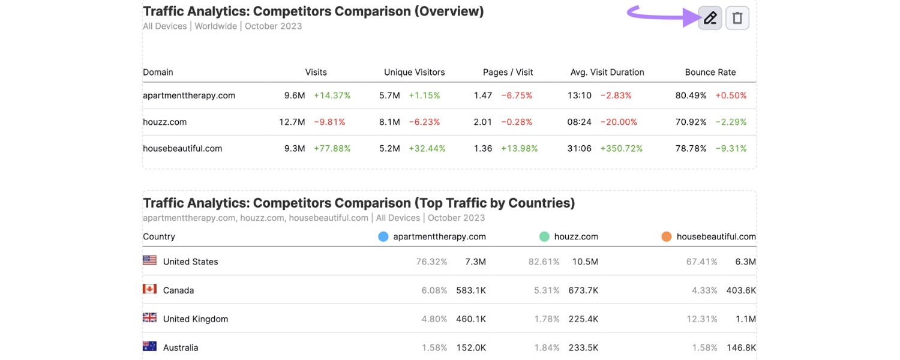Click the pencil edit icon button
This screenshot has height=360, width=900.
pyautogui.click(x=710, y=18)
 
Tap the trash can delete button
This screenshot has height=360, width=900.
pyautogui.click(x=737, y=18)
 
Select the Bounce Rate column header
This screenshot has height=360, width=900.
pyautogui.click(x=710, y=72)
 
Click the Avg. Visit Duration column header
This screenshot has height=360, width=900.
pyautogui.click(x=607, y=72)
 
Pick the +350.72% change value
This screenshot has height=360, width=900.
pyautogui.click(x=622, y=148)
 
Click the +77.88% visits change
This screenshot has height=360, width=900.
pyautogui.click(x=332, y=148)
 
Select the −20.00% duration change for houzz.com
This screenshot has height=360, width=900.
pyautogui.click(x=619, y=122)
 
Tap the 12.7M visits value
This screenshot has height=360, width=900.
pyautogui.click(x=292, y=122)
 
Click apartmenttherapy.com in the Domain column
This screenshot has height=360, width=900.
pyautogui.click(x=189, y=95)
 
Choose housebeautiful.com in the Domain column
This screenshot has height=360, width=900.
pyautogui.click(x=182, y=148)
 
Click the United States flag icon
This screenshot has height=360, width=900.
pyautogui.click(x=149, y=260)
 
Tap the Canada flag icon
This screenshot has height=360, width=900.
pyautogui.click(x=149, y=289)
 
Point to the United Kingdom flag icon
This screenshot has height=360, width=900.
pyautogui.click(x=149, y=318)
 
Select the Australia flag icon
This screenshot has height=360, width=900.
pyautogui.click(x=149, y=346)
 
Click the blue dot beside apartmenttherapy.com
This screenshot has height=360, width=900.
pyautogui.click(x=383, y=236)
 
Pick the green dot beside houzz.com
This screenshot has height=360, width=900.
pyautogui.click(x=544, y=236)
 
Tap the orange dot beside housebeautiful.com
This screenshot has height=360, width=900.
pyautogui.click(x=666, y=236)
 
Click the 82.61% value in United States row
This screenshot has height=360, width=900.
pyautogui.click(x=544, y=262)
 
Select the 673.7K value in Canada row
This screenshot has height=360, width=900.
pyautogui.click(x=583, y=290)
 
